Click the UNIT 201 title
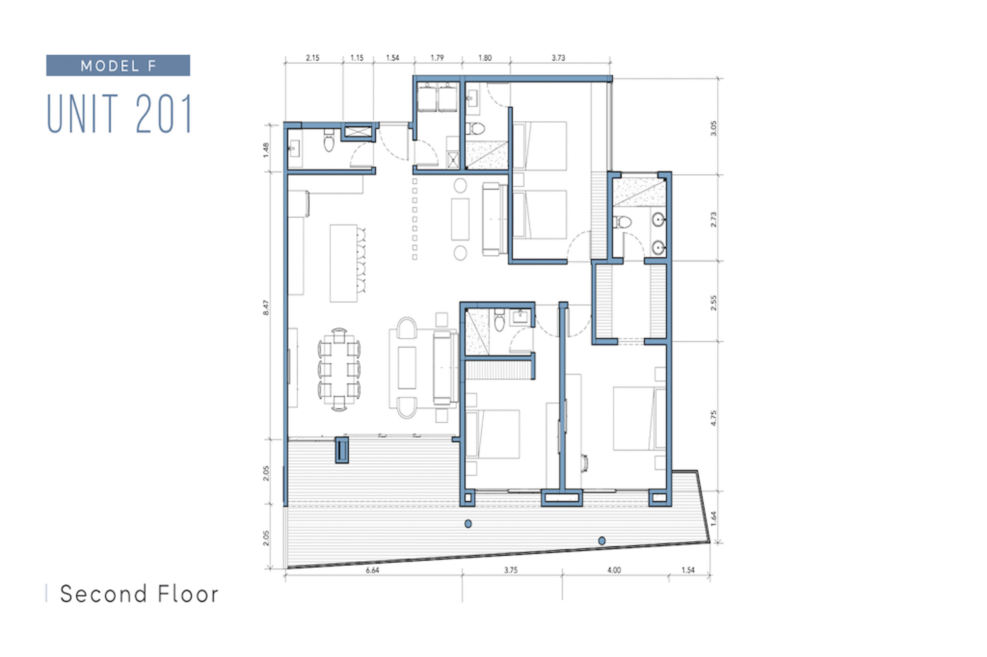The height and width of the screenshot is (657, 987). pyautogui.click(x=120, y=114)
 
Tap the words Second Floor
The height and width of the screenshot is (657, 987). pyautogui.click(x=139, y=594)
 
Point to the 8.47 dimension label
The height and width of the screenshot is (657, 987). pyautogui.click(x=266, y=307)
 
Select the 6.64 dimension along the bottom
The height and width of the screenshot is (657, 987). pyautogui.click(x=372, y=570)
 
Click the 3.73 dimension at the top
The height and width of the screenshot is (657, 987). pyautogui.click(x=558, y=58)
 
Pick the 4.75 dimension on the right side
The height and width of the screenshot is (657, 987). pyautogui.click(x=714, y=418)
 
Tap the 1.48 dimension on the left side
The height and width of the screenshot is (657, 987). pyautogui.click(x=266, y=150)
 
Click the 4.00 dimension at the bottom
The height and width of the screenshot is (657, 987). pyautogui.click(x=614, y=570)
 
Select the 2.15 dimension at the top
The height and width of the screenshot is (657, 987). pyautogui.click(x=313, y=58)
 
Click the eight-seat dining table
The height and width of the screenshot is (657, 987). pyautogui.click(x=339, y=370)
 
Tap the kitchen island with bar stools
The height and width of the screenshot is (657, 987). pyautogui.click(x=347, y=263)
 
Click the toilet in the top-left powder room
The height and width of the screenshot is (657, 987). pyautogui.click(x=329, y=140)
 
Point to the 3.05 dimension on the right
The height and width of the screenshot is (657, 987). pyautogui.click(x=714, y=128)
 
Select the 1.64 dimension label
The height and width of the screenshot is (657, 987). pyautogui.click(x=714, y=518)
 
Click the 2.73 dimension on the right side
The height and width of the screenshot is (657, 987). pyautogui.click(x=714, y=220)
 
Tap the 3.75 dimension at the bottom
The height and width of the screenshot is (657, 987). pyautogui.click(x=511, y=570)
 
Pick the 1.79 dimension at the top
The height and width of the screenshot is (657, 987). pyautogui.click(x=437, y=58)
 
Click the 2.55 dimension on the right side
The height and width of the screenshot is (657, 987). pyautogui.click(x=714, y=303)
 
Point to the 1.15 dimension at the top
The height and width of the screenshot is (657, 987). pyautogui.click(x=357, y=58)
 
